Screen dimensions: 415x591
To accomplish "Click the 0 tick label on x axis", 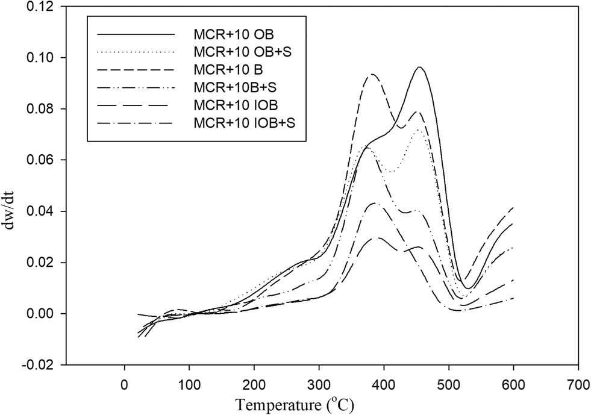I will [x=125, y=383].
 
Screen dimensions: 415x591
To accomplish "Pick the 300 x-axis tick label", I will [x=319, y=383].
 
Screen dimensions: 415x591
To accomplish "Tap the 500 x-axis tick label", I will [x=449, y=383].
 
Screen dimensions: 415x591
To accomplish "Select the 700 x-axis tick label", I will [x=578, y=383].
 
